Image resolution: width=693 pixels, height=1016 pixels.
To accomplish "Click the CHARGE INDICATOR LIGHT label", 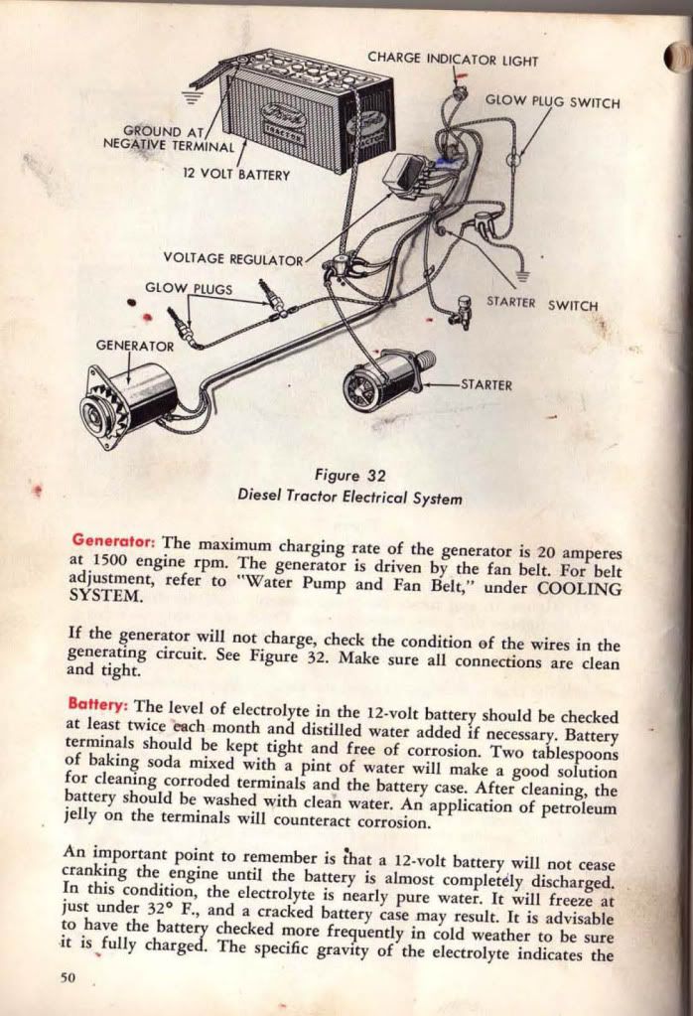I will tap(453, 60).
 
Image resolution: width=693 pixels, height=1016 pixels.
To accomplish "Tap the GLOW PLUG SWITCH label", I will tap(552, 102).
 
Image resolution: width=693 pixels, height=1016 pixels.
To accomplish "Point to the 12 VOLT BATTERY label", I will tap(235, 174).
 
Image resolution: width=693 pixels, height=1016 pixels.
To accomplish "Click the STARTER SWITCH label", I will tap(542, 304).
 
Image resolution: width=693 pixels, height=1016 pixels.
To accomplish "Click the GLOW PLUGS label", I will tap(189, 289).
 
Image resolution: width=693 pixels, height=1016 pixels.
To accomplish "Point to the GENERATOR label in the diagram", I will tap(135, 346).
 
